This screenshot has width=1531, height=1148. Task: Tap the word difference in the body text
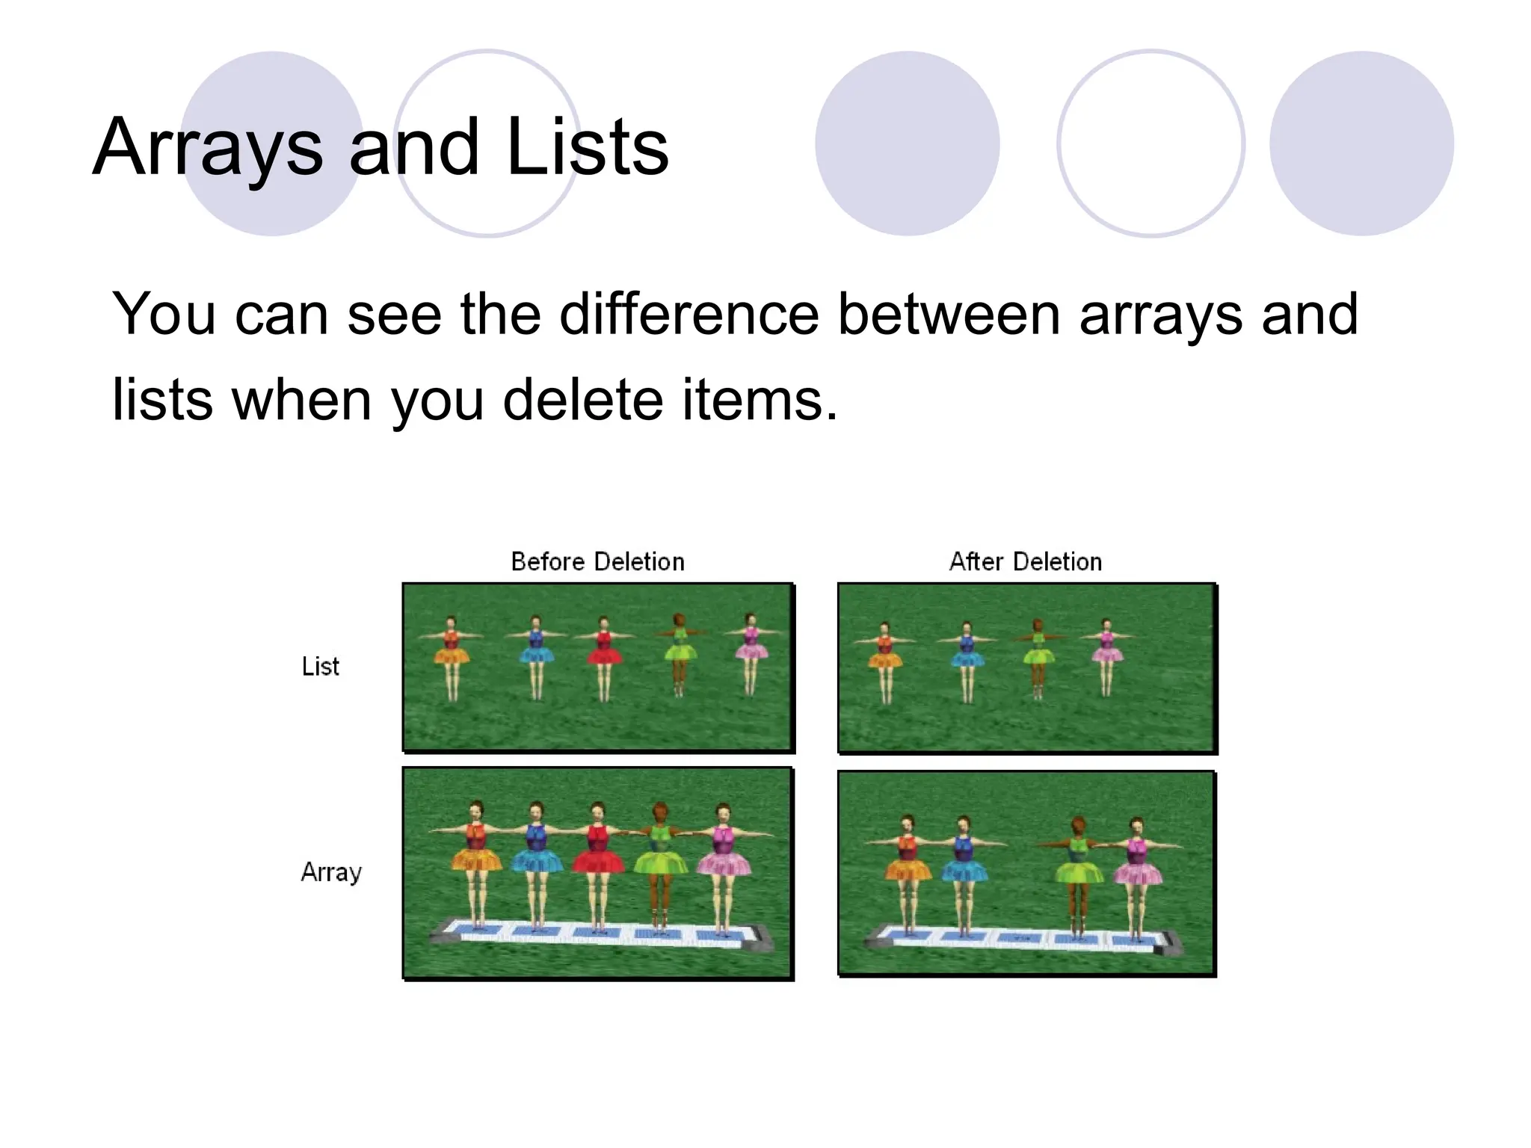pos(689,314)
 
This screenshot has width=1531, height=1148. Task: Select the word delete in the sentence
pos(583,400)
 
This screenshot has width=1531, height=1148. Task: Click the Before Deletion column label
pos(597,561)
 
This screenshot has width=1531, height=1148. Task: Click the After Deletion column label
pos(1025,561)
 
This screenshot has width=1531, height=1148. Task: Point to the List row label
pos(320,666)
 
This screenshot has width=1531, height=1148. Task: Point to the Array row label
pos(330,871)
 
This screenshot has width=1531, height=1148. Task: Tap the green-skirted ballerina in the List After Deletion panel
pos(1038,654)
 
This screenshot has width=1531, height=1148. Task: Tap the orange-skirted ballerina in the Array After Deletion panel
pos(908,867)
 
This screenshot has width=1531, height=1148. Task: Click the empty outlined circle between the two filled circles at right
pos(1150,143)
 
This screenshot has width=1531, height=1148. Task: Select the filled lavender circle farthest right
pos(1361,143)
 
